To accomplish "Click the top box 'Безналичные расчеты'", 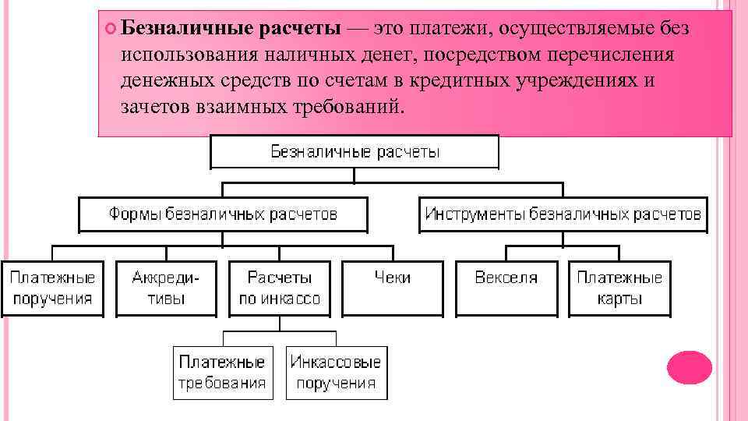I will (355, 151).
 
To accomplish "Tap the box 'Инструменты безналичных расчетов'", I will (563, 214).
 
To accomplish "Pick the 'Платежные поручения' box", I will (52, 288).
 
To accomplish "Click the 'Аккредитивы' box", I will (166, 288).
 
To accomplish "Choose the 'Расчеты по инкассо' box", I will (279, 288).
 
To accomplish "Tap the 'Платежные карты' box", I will (619, 288).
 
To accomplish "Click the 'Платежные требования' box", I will (223, 372).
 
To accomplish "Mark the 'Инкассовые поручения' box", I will (336, 372).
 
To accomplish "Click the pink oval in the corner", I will (690, 367).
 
